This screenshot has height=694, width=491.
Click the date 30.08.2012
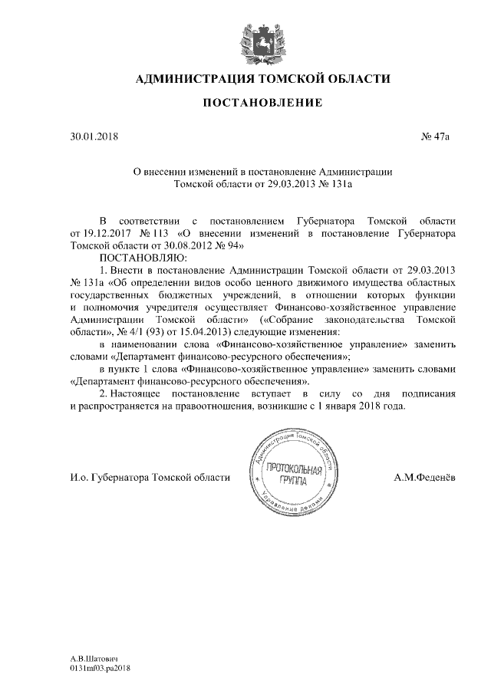click(180, 245)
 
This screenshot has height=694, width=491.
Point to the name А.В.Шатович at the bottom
click(94, 659)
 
